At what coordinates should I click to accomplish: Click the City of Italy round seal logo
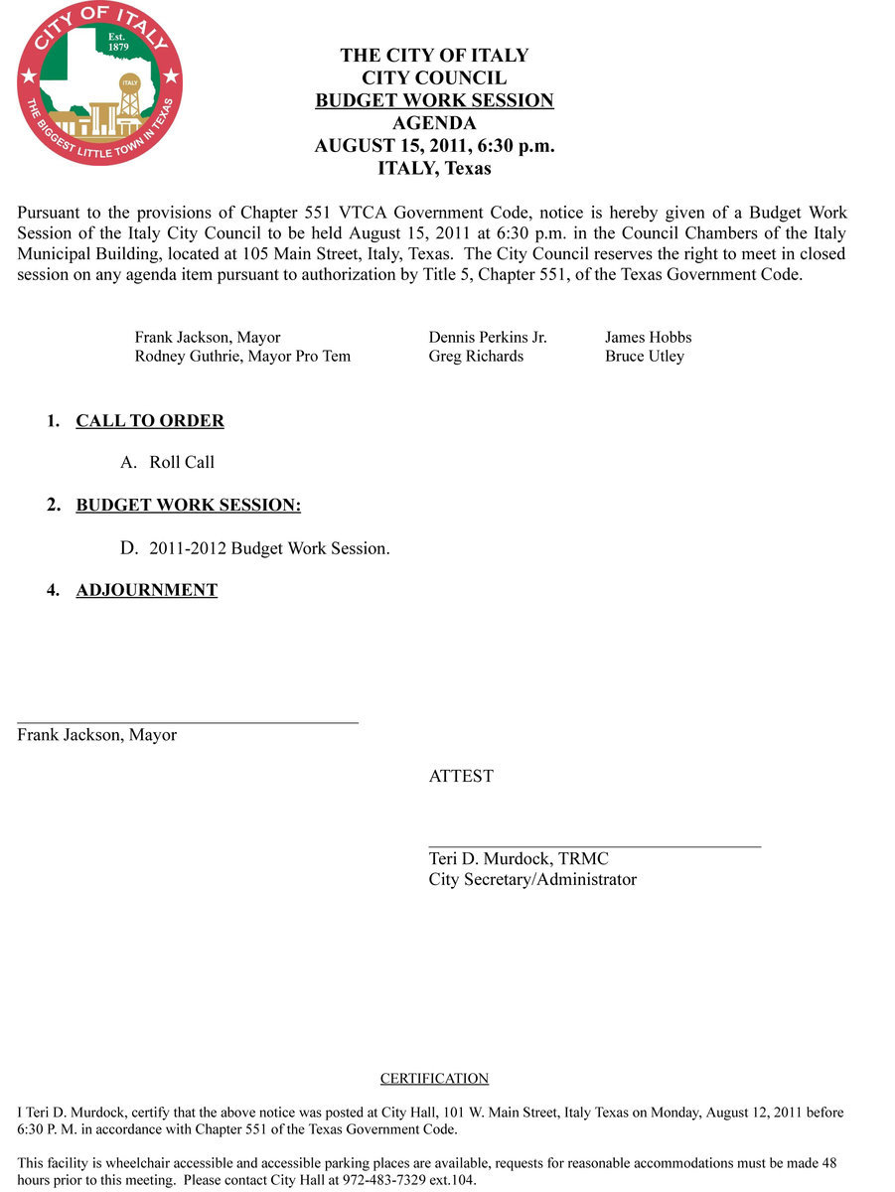click(99, 83)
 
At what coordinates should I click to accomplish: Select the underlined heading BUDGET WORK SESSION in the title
click(434, 100)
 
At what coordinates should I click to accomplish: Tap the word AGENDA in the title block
click(434, 123)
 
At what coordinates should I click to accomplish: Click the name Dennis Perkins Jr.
click(488, 338)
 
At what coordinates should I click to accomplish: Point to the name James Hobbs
click(648, 338)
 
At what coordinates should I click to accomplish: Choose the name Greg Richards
click(476, 357)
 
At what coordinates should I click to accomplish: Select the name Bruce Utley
click(644, 357)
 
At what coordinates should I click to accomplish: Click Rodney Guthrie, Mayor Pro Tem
click(242, 357)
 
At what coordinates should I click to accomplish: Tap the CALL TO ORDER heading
click(150, 421)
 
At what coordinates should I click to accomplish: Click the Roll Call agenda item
click(182, 463)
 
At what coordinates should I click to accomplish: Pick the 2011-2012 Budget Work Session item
click(269, 548)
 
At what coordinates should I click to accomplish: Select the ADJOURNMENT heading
click(146, 590)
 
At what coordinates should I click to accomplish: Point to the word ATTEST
click(461, 777)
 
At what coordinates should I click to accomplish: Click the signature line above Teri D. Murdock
click(594, 846)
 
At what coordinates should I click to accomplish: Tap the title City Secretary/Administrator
click(532, 880)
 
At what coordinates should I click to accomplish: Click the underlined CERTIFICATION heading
click(434, 1079)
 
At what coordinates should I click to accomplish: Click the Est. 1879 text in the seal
click(117, 42)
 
